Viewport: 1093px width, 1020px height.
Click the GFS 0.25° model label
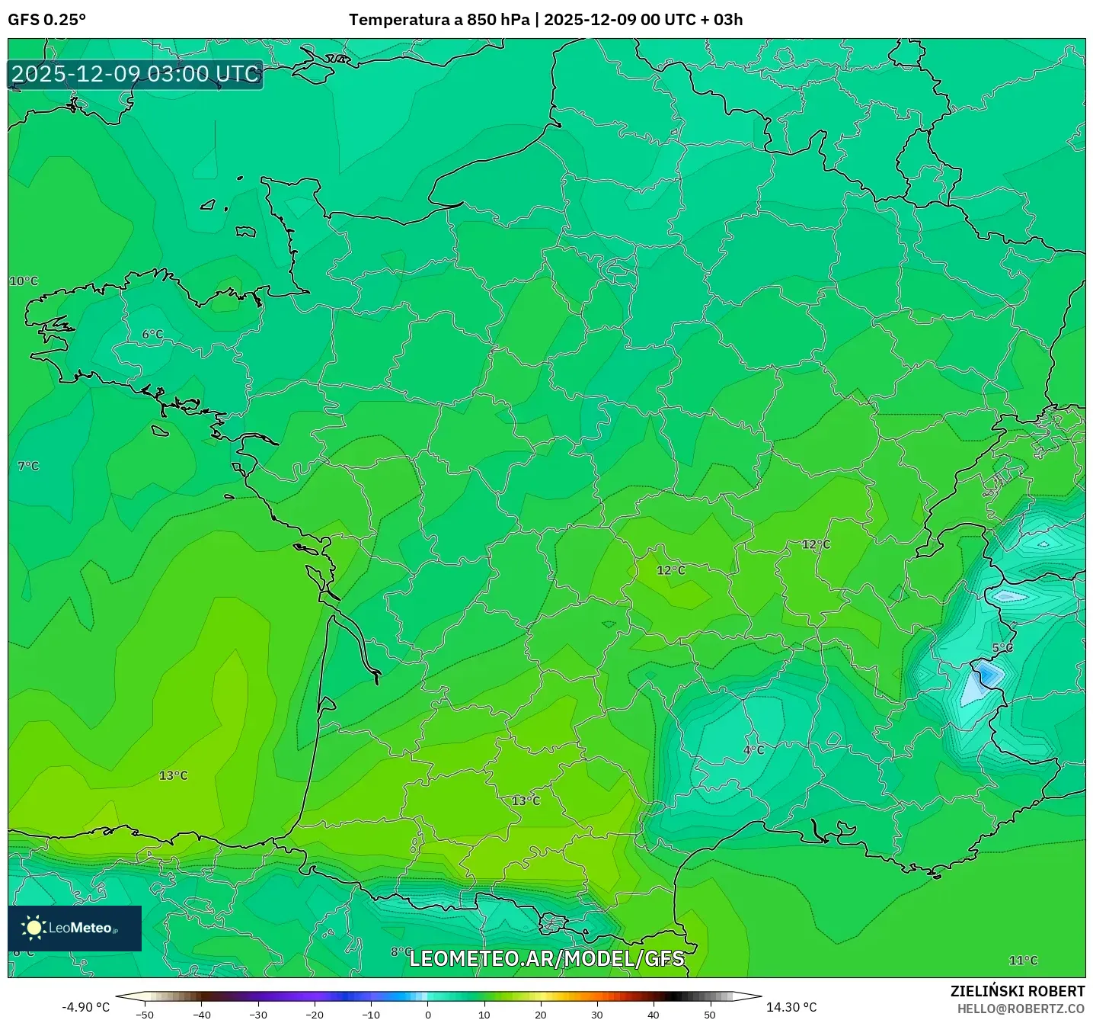click(46, 20)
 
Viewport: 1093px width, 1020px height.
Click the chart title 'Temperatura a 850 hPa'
click(439, 20)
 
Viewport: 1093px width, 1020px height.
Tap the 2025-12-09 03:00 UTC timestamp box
click(136, 75)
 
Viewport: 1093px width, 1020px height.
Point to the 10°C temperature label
click(24, 281)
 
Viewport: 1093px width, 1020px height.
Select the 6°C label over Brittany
click(152, 335)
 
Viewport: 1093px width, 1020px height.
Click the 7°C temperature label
click(28, 466)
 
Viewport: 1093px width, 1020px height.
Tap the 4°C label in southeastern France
click(753, 750)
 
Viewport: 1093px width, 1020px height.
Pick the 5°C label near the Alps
click(1002, 648)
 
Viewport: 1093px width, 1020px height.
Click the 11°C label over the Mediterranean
click(1023, 961)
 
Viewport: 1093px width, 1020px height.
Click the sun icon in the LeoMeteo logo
click(34, 928)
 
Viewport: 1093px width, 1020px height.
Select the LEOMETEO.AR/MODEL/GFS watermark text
click(547, 958)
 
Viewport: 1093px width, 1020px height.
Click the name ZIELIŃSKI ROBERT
click(1018, 991)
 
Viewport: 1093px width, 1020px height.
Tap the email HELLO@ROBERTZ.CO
click(1021, 1009)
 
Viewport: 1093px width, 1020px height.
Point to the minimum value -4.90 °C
click(85, 1007)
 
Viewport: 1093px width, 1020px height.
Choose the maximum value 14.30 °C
click(791, 1007)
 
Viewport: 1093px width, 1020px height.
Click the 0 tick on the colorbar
click(428, 1015)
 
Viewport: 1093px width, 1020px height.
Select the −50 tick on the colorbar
click(145, 1015)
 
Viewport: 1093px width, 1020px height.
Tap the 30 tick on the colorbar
click(597, 1015)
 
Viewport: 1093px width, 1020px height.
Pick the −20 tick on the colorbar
click(315, 1015)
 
